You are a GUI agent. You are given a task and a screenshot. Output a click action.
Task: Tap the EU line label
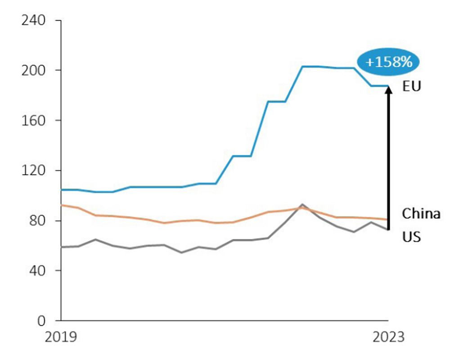coord(411,86)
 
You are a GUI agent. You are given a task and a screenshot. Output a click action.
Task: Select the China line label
coord(421,213)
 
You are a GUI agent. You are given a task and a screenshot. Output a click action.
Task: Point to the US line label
coord(411,236)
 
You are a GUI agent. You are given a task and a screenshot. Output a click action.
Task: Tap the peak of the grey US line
coord(302,204)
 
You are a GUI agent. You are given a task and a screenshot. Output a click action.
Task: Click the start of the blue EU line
coord(61,190)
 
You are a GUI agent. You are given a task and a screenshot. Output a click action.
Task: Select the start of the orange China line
coord(61,205)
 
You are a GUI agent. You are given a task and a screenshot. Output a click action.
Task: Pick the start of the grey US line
coord(61,247)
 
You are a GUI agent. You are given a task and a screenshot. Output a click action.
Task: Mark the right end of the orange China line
coord(388,220)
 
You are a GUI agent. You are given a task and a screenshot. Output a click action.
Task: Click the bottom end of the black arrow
coord(389,229)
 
